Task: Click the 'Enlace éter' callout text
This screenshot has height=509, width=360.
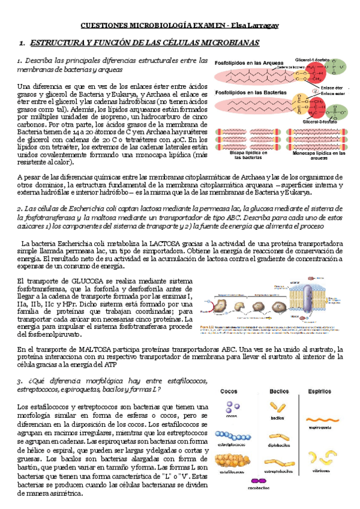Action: pyautogui.click(x=333, y=88)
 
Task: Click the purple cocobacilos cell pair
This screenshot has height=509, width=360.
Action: pyautogui.click(x=258, y=481)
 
